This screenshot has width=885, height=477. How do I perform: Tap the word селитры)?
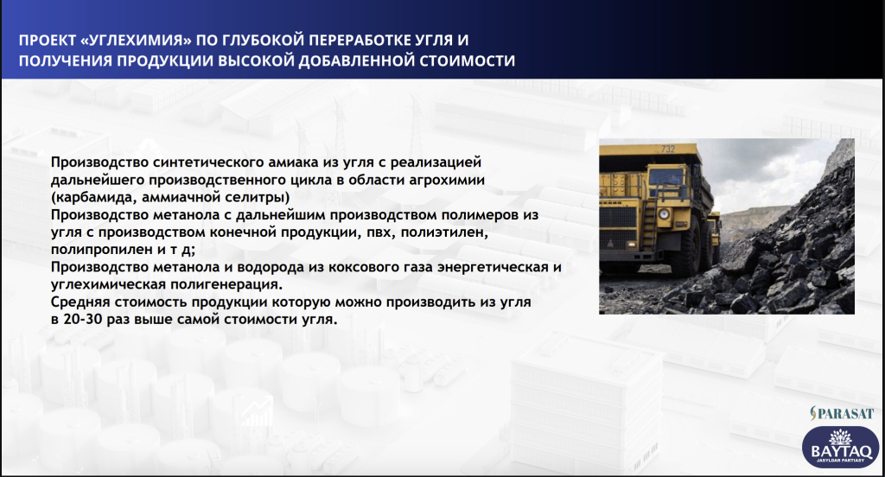tap(261, 198)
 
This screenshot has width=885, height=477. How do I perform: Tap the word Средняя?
tap(80, 302)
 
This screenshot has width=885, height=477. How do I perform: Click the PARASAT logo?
tap(842, 414)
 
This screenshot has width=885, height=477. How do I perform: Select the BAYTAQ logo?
tap(840, 447)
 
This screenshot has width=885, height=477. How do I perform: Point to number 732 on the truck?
tap(668, 149)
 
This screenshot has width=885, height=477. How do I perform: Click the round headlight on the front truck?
tap(664, 214)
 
